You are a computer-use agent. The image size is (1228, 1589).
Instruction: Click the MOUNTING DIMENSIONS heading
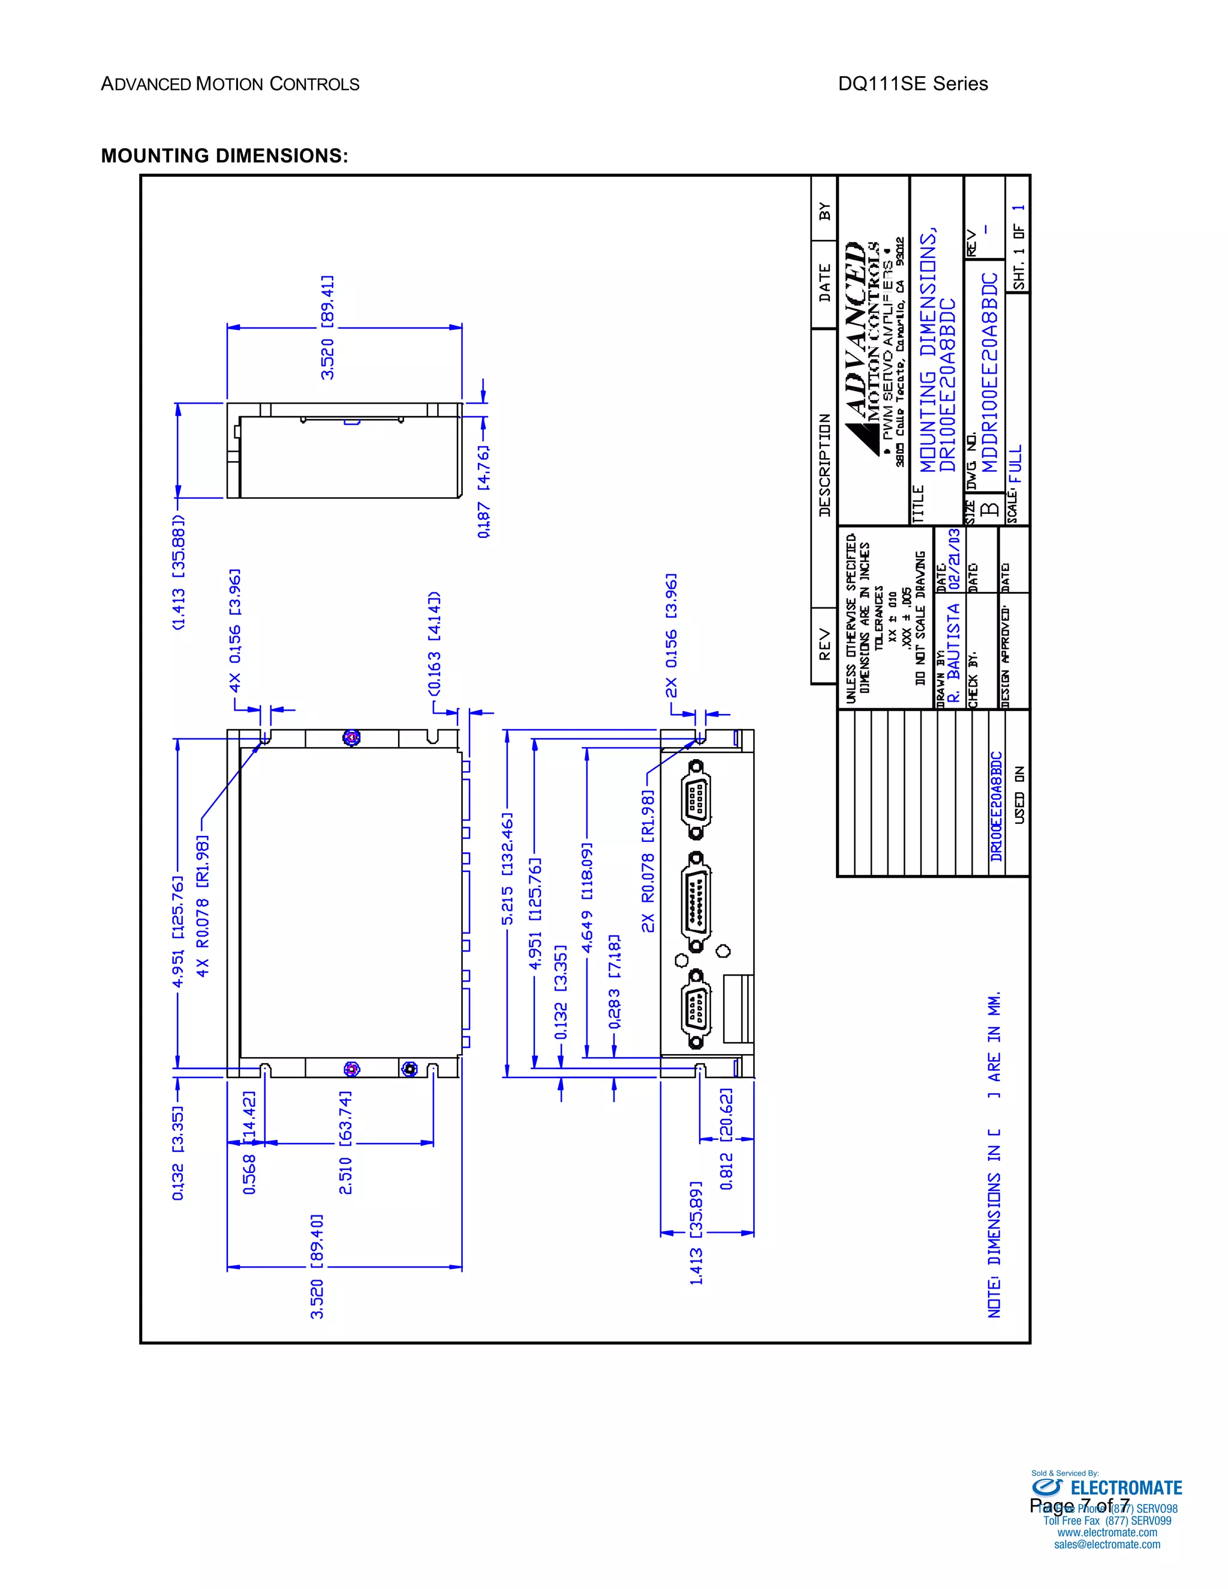(x=224, y=156)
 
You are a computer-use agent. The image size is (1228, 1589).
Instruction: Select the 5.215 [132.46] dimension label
(x=507, y=869)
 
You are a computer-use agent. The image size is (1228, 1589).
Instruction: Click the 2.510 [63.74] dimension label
(x=345, y=1142)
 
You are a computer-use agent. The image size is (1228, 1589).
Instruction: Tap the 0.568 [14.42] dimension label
(x=249, y=1142)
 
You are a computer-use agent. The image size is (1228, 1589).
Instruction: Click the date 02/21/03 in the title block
(x=954, y=559)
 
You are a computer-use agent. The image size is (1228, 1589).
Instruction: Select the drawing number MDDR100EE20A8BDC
(x=990, y=372)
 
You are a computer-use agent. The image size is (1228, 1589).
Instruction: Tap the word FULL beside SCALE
(x=1016, y=464)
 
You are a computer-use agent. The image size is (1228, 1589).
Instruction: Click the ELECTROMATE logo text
(x=1126, y=1488)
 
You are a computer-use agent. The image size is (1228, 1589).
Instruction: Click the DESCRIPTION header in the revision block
(x=824, y=465)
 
